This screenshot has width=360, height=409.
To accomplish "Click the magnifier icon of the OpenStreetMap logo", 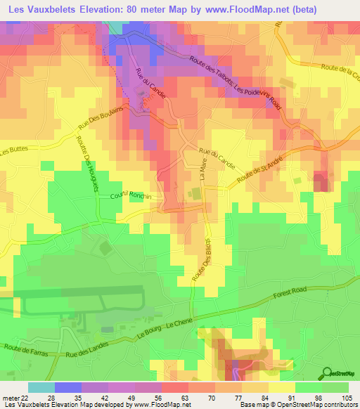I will tap(326, 372).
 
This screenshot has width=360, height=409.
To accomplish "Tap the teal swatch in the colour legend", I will tap(41, 387).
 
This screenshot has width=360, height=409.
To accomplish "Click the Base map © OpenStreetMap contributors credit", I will tap(298, 405).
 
